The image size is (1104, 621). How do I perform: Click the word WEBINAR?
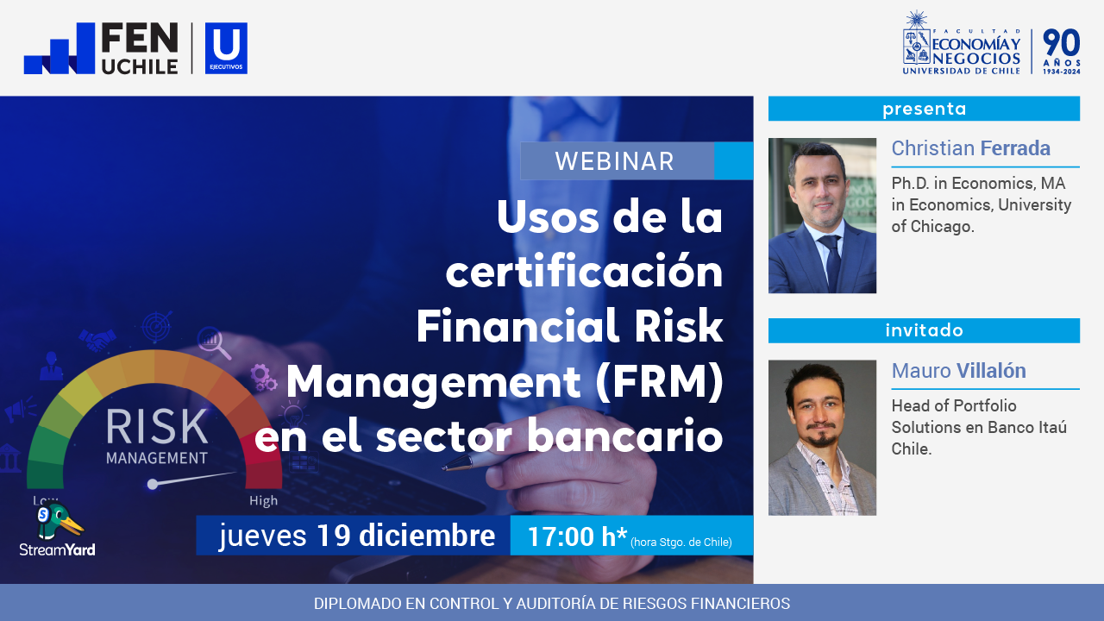pos(614,161)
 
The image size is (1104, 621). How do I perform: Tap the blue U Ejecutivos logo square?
pos(226,48)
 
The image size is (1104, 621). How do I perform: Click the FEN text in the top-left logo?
pos(139,39)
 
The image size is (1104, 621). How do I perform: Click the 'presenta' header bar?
pos(924,109)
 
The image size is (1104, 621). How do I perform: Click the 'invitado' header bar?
pos(924,330)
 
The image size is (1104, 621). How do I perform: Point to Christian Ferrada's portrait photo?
pos(822,216)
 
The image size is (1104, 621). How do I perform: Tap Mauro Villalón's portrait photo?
pos(822,437)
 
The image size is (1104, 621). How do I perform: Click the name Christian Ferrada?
pos(970,148)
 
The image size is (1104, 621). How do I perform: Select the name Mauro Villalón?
pos(958,371)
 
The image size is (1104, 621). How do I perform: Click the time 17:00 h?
pos(576,536)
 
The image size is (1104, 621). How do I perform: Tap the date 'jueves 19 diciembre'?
pos(356,536)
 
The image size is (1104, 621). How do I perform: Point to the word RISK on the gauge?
pos(157,427)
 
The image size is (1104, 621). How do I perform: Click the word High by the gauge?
pos(263,500)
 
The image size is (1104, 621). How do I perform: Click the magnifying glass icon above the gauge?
pos(213,342)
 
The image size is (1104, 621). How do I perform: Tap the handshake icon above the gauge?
pos(97,339)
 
